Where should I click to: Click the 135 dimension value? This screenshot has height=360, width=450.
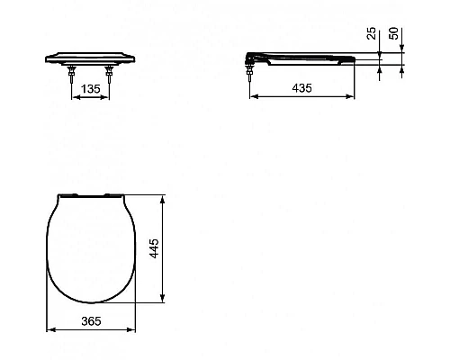coord(91,89)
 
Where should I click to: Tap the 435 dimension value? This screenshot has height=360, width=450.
coord(301,88)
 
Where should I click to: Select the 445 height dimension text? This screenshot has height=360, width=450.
coord(155,248)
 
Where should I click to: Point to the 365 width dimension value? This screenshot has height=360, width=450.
coord(91,321)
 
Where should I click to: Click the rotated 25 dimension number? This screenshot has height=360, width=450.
coord(372,33)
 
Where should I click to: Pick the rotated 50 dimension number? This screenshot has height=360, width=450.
coord(393,33)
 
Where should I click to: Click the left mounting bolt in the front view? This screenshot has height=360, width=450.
coord(72,75)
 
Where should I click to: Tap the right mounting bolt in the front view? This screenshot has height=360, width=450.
coord(109,75)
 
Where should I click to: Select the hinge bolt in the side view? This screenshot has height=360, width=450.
coord(249,74)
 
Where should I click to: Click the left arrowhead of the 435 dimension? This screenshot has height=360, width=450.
coord(254,96)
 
